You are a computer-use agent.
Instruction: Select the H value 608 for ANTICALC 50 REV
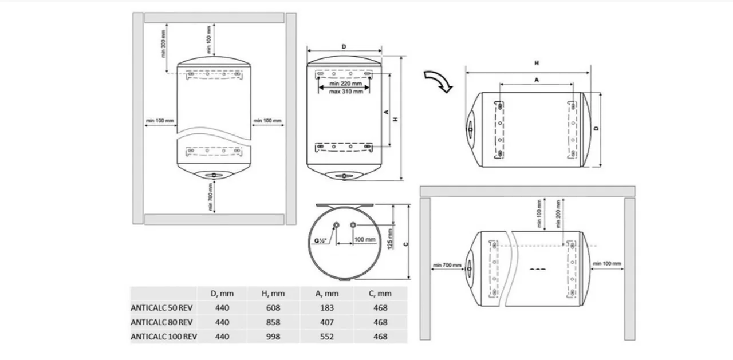(273, 308)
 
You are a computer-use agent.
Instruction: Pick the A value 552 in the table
(326, 337)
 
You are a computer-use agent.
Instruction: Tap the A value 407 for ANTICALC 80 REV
(326, 322)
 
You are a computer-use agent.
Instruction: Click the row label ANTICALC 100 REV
(164, 337)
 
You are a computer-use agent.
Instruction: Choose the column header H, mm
(273, 294)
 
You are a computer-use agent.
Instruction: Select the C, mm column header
(380, 294)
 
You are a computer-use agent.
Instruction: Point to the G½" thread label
(320, 240)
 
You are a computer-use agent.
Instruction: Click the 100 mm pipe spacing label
(365, 239)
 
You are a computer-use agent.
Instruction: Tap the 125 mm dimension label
(390, 239)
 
